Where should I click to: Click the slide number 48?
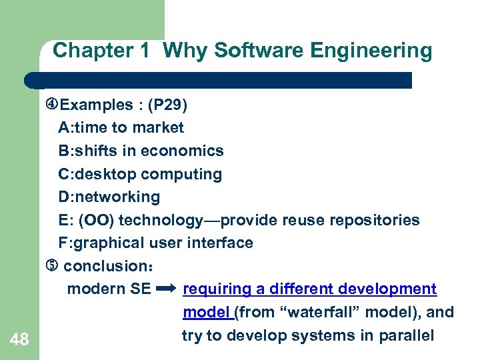[x=20, y=341]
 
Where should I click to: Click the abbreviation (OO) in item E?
[x=92, y=220]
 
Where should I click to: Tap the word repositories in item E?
[x=379, y=220]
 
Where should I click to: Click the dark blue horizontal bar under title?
[x=220, y=80]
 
